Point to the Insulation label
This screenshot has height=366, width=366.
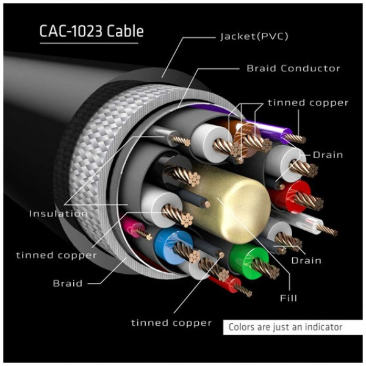coord(58,213)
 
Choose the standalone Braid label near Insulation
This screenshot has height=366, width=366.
coord(66,283)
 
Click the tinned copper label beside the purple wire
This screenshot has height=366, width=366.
coord(307,102)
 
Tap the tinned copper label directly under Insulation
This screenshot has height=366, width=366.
coord(56,254)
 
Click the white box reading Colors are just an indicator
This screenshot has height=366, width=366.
coord(285,327)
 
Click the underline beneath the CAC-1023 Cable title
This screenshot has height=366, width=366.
coord(91,43)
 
